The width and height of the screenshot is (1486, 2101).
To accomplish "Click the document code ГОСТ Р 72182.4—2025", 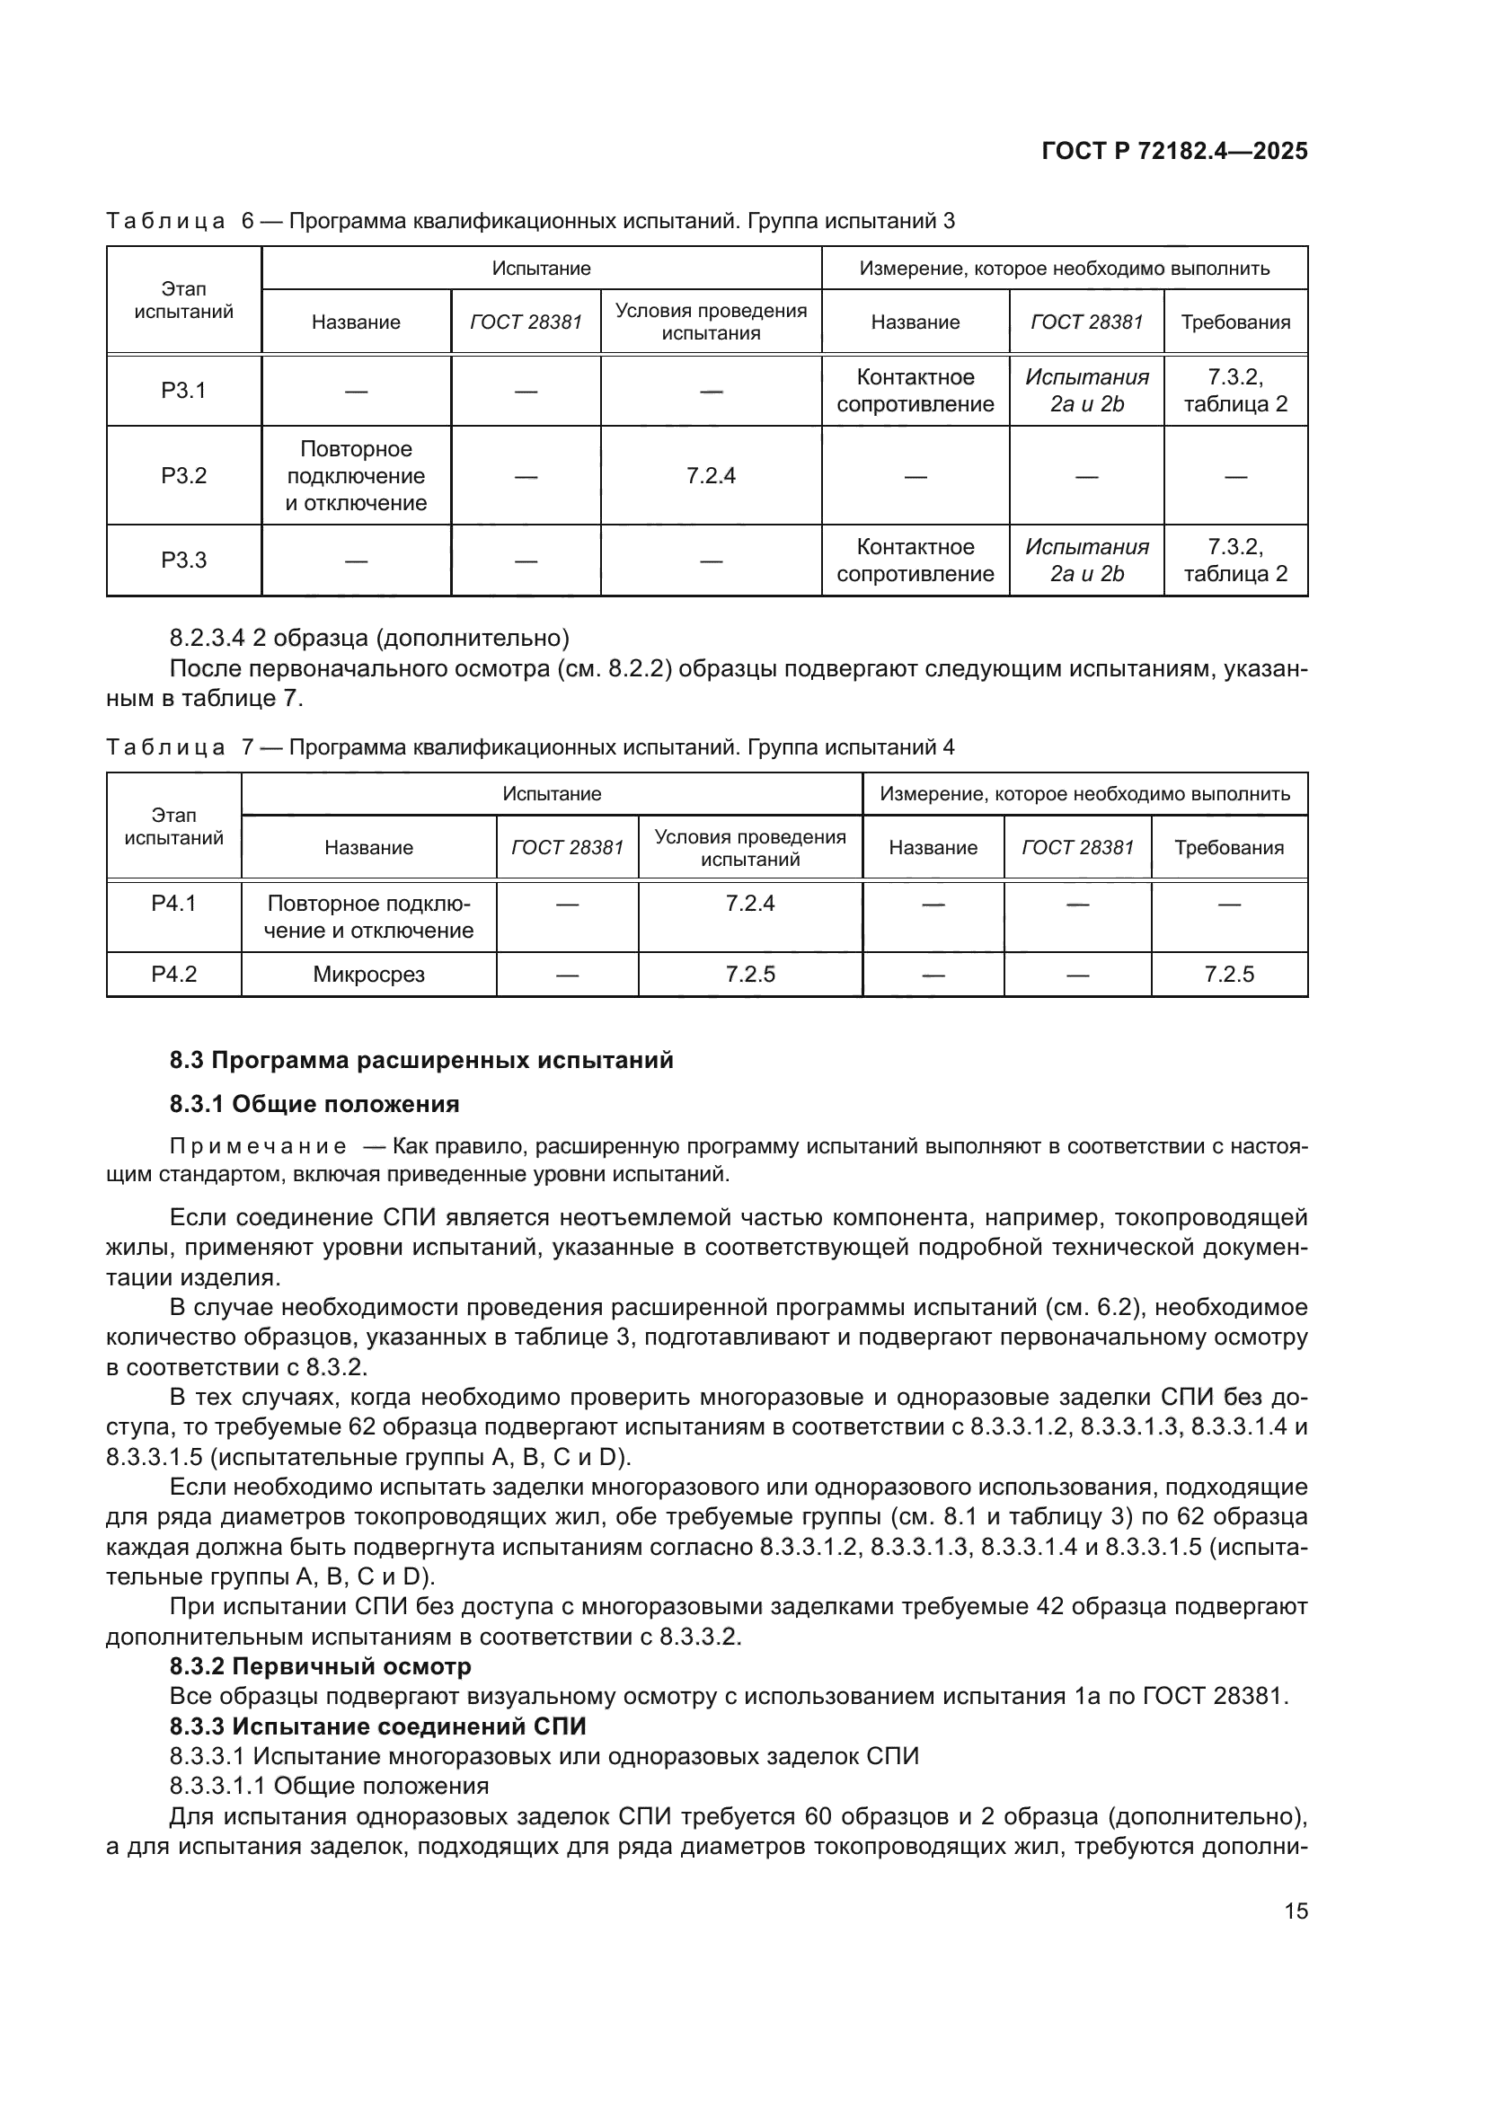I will click(1174, 152).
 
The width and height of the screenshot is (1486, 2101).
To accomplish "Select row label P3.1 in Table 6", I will click(184, 391).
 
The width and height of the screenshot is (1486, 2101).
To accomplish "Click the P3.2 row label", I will click(184, 476).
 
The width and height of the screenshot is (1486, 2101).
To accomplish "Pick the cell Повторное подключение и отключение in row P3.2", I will click(356, 476).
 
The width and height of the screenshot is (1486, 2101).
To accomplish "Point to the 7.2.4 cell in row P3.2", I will click(711, 476).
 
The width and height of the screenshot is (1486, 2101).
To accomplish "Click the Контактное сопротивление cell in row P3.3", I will click(915, 560).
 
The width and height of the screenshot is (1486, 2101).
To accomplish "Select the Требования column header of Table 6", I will click(1235, 322).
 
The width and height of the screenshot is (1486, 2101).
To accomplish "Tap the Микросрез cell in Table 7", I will click(368, 975).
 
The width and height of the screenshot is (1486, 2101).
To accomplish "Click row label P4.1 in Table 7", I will click(174, 905).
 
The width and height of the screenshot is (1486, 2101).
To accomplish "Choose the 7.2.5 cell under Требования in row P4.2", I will click(1229, 975).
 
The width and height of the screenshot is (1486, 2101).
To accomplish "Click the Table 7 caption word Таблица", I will click(165, 747).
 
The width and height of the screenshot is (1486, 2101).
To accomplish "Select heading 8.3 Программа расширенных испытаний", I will click(420, 1060).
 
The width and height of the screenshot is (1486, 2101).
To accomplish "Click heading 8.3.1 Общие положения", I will click(314, 1104).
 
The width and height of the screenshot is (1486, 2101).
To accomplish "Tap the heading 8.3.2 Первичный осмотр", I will click(320, 1666).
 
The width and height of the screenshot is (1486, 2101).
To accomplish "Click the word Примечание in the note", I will click(258, 1147).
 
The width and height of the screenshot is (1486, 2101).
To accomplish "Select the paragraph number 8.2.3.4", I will click(208, 638).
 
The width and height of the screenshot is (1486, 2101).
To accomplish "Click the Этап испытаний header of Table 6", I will click(184, 300).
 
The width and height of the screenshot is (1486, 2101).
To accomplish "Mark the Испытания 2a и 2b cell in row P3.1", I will click(1086, 391).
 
